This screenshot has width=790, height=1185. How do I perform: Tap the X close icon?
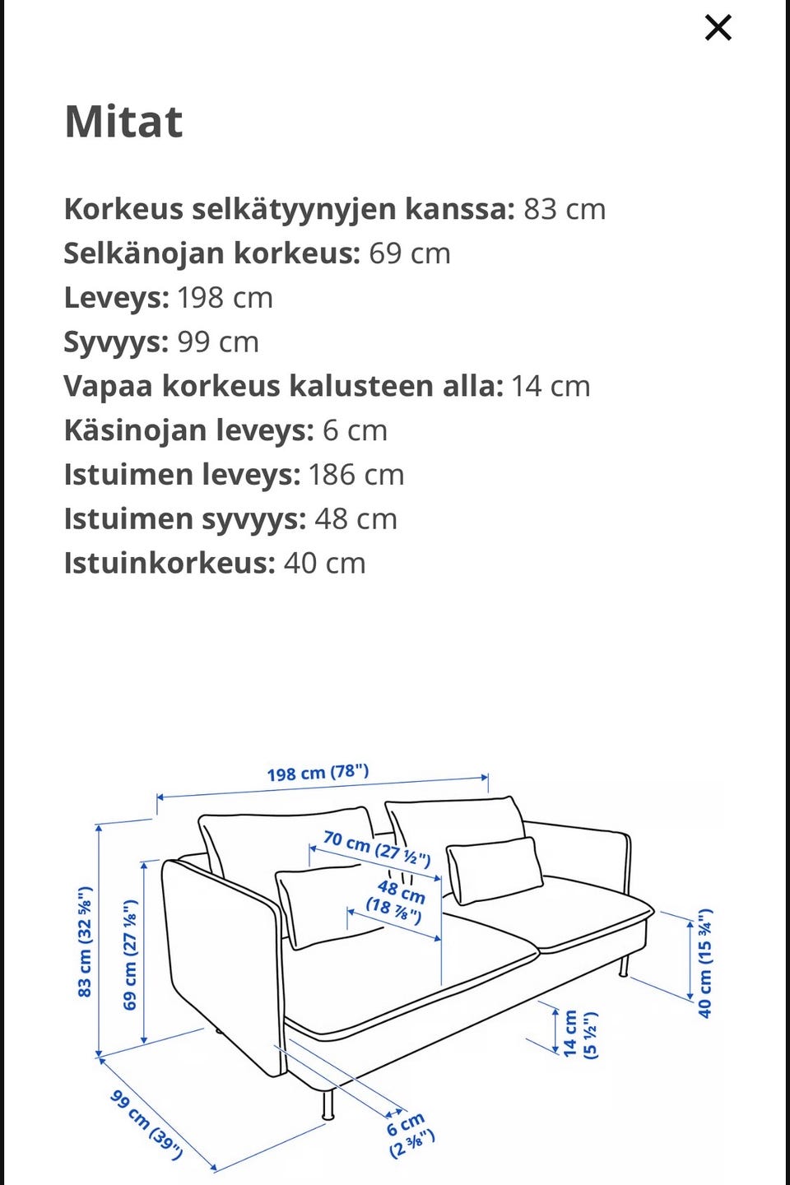tap(718, 28)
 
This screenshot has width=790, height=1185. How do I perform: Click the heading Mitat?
tap(123, 122)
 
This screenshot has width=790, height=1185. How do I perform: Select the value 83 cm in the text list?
tap(565, 209)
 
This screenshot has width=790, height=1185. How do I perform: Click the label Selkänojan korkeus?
tap(212, 253)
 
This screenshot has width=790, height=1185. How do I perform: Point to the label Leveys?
tap(116, 298)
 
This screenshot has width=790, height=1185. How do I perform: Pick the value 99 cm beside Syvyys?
tap(218, 342)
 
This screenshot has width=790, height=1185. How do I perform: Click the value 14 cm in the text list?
tap(551, 386)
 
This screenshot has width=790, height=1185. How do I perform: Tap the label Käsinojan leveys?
tap(188, 430)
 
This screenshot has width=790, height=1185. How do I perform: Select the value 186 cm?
tap(356, 475)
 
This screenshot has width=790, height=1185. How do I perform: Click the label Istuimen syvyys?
tap(185, 519)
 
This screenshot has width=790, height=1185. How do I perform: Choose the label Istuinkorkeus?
tap(170, 564)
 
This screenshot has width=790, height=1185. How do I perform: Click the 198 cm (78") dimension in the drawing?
tap(318, 773)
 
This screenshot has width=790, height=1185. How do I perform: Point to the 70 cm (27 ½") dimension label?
tap(377, 848)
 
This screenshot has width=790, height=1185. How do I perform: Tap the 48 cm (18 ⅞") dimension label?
tap(397, 899)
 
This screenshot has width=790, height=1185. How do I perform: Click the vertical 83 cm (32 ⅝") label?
tap(85, 941)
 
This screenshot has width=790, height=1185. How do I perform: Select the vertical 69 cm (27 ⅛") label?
tap(130, 955)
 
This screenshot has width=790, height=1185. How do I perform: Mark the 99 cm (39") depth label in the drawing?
tap(146, 1124)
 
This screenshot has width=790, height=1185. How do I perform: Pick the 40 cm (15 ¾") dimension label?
tap(705, 963)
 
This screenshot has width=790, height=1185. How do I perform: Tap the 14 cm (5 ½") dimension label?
tap(580, 1034)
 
